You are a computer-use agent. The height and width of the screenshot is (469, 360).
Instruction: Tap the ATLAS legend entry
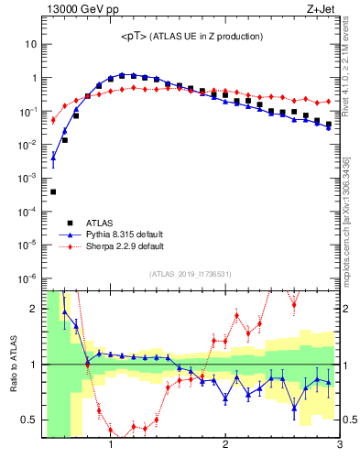(102, 222)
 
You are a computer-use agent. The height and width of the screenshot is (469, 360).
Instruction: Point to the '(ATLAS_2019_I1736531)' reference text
(191, 273)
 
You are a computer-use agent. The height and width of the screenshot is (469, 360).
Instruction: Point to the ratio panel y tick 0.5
(29, 420)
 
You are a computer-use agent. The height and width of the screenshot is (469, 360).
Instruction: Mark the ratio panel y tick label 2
(34, 309)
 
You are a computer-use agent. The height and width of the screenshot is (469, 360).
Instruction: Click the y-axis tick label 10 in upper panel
(31, 44)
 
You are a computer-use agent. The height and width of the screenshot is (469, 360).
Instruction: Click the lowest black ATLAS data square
(53, 191)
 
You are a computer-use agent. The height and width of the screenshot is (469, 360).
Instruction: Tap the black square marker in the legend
(70, 222)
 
